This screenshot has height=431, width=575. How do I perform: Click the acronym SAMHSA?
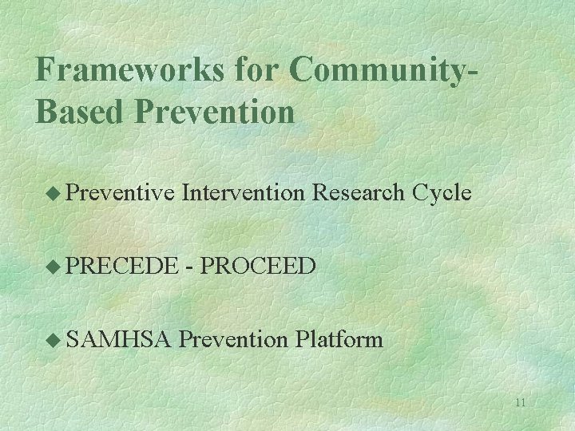(x=119, y=340)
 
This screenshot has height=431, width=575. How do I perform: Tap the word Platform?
(x=339, y=340)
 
